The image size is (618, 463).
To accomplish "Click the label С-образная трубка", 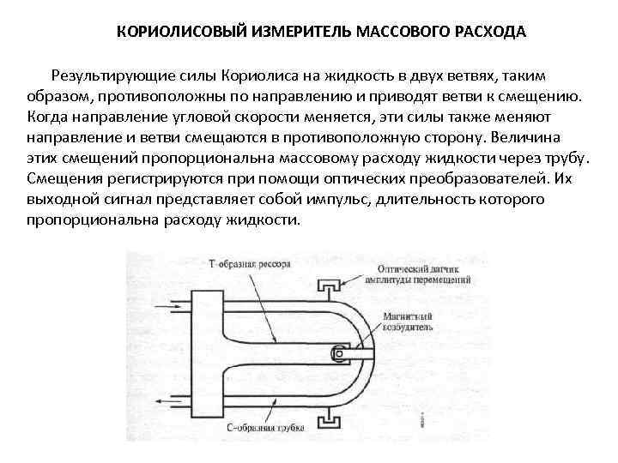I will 243,427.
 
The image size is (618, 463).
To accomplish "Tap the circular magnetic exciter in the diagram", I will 340,352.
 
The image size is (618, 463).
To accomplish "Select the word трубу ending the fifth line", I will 566,158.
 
